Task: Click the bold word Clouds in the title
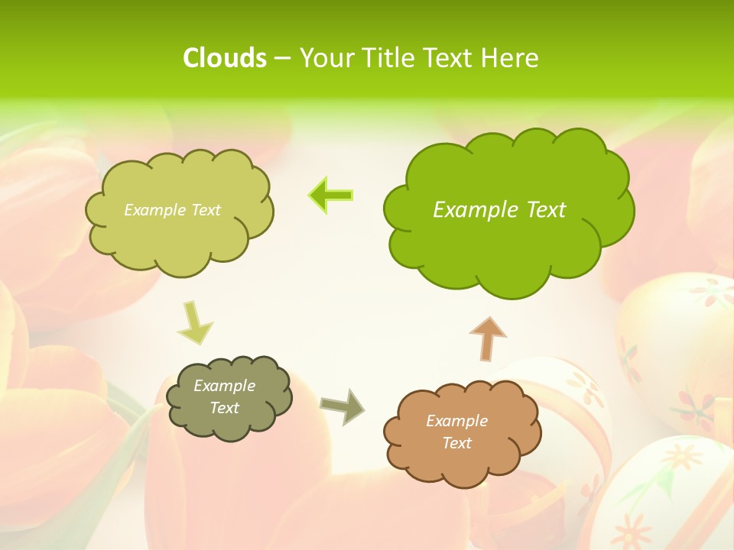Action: point(224,58)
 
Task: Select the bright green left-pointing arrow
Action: point(331,196)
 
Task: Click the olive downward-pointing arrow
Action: point(194,324)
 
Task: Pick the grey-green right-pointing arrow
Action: point(343,406)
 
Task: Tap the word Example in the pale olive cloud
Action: point(154,210)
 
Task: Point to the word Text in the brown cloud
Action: point(456,443)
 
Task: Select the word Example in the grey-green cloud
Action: point(224,386)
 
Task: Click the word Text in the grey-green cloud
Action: point(224,408)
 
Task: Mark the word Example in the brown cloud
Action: point(456,421)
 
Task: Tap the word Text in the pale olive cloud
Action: point(204,210)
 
